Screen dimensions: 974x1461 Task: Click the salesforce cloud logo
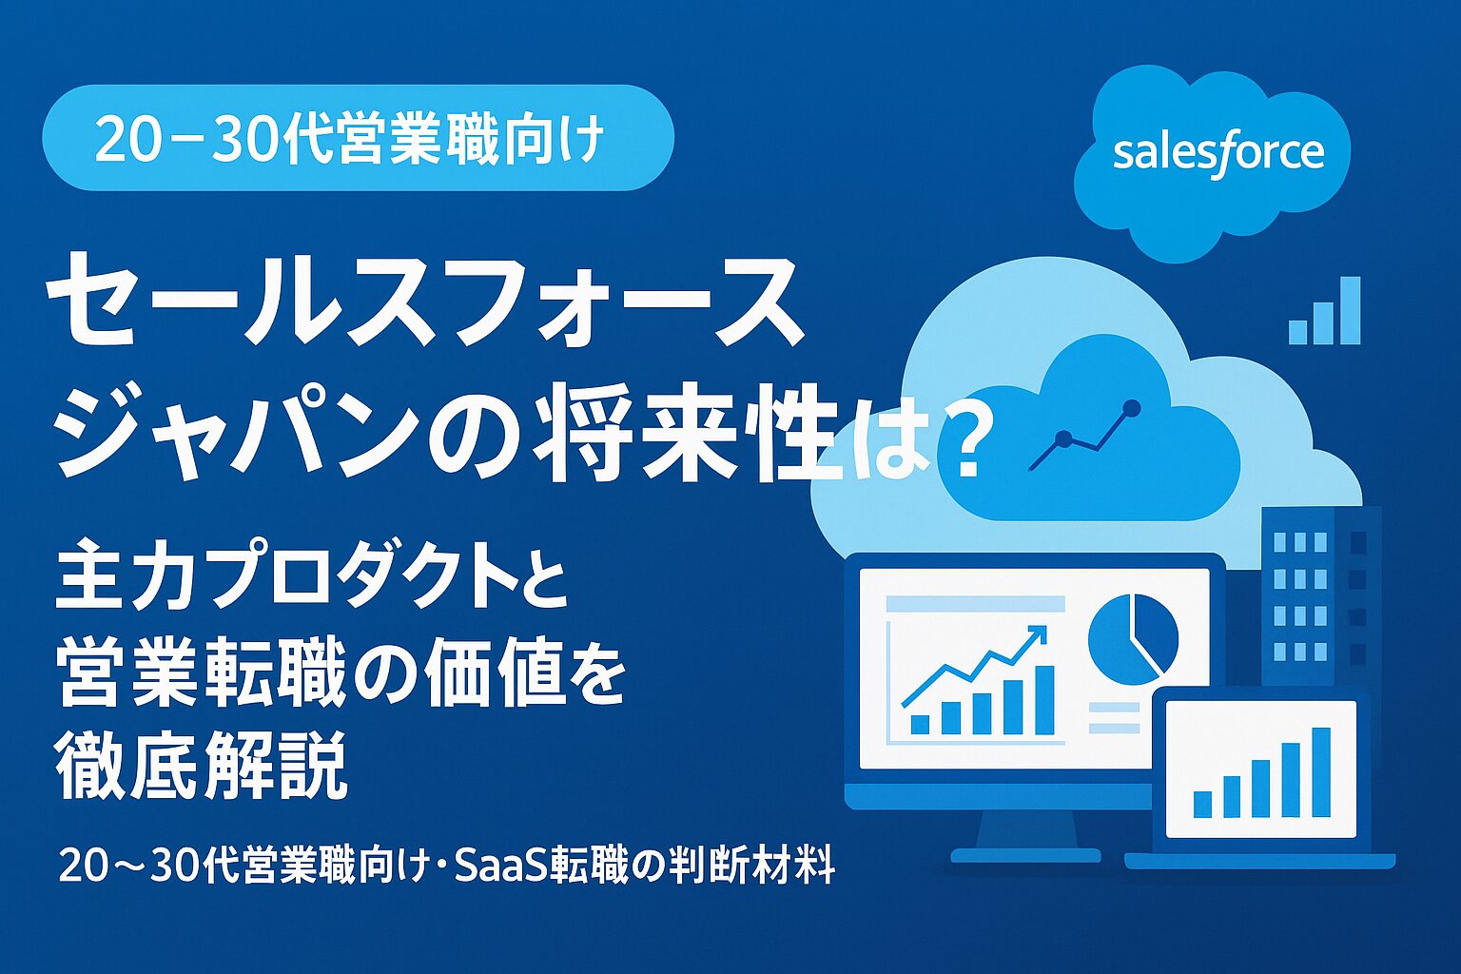1216,157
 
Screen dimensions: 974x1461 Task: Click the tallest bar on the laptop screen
1320,771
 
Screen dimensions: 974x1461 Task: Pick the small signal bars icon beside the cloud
1325,312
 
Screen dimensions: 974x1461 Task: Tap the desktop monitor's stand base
1024,854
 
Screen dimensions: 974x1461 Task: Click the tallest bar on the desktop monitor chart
1043,699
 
